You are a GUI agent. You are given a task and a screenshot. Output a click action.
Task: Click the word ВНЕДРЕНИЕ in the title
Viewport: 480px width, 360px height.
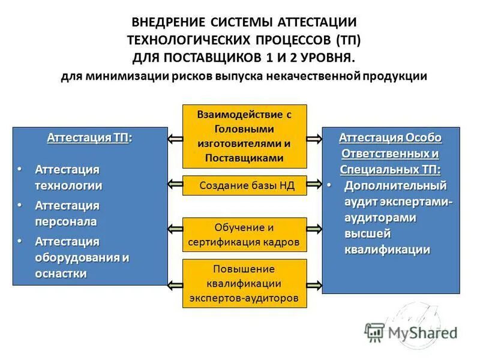tap(169, 22)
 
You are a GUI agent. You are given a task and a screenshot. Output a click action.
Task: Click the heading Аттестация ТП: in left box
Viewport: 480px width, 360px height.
tap(89, 137)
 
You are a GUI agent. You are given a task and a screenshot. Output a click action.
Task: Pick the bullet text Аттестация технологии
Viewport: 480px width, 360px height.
tap(68, 178)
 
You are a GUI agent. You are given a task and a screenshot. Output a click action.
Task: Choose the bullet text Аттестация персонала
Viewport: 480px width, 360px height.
tap(67, 214)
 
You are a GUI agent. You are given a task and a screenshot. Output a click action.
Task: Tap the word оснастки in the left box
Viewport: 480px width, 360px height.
tap(61, 274)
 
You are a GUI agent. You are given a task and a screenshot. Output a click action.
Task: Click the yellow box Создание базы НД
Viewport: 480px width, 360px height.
tap(245, 186)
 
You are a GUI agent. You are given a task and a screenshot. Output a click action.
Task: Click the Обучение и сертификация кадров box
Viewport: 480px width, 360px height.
tap(245, 235)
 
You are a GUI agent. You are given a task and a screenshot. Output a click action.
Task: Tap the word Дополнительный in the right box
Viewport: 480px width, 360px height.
tap(395, 185)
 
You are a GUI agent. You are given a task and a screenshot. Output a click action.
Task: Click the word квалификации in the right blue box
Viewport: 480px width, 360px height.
tap(387, 250)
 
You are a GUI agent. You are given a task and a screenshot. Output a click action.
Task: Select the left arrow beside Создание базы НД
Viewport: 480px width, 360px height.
tap(175, 186)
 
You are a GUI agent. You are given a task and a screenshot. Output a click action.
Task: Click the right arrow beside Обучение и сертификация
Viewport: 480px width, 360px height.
tap(314, 229)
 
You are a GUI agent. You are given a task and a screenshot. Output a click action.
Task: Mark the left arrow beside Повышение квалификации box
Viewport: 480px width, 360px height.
tap(175, 284)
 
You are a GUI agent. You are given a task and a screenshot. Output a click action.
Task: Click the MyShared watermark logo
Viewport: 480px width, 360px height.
tap(411, 331)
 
